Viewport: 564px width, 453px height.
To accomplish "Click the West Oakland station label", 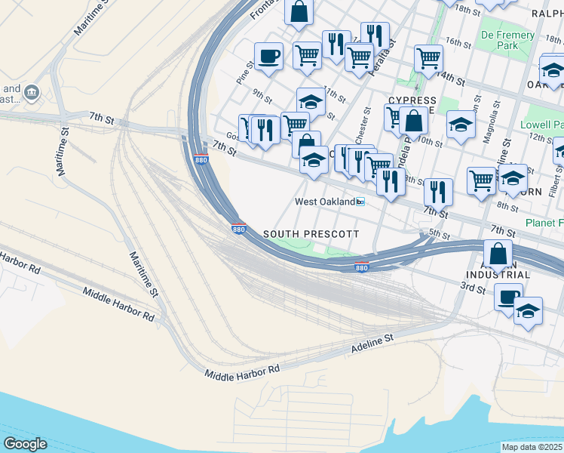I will (x=324, y=202).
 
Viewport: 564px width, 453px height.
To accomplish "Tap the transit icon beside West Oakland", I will (x=360, y=202).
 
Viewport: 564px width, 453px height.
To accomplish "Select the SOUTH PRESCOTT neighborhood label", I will (x=311, y=234).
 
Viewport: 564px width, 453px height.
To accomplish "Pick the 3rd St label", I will (x=473, y=285).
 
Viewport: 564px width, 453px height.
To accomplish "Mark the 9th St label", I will (x=262, y=95).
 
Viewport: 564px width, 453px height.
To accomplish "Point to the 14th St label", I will (x=450, y=78).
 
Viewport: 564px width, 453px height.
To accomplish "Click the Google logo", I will (x=26, y=444).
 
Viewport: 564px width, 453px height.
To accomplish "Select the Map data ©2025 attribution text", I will (x=532, y=447).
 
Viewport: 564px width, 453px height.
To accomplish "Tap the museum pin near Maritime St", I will (x=31, y=93).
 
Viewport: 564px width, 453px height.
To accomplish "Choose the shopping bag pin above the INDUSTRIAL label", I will (x=498, y=254).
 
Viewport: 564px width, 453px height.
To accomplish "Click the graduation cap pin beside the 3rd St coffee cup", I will (x=528, y=310).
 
